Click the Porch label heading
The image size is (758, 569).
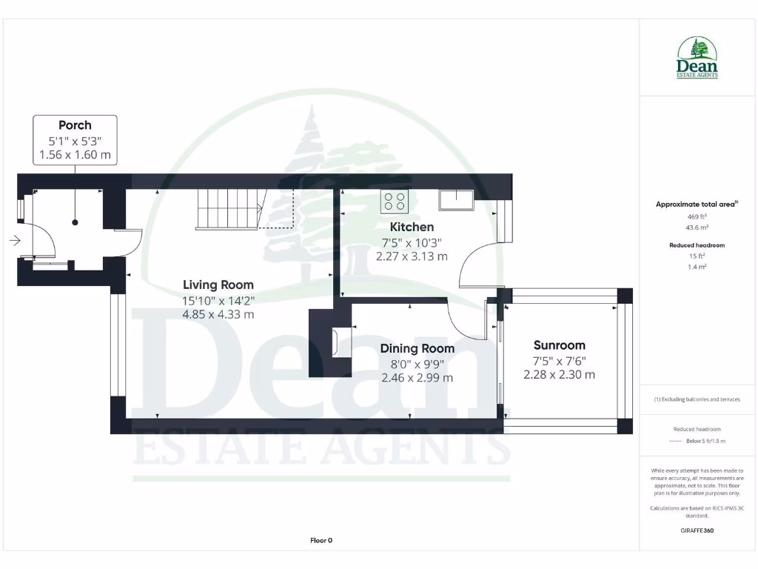click(75, 125)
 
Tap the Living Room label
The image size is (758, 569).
click(218, 284)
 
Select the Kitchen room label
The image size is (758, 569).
click(412, 227)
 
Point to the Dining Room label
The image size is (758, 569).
click(417, 348)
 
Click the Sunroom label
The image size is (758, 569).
click(559, 345)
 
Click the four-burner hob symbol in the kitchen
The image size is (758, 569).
click(394, 201)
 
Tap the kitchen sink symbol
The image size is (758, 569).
click(455, 200)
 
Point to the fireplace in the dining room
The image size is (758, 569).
click(337, 343)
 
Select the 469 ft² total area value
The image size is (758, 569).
click(697, 216)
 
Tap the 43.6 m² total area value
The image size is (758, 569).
click(697, 227)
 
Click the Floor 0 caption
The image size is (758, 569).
click(321, 541)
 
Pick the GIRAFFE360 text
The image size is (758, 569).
click(697, 530)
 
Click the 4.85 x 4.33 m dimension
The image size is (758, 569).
click(218, 314)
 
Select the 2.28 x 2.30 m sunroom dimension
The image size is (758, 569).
click(559, 375)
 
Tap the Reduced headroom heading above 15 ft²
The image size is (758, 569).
click(697, 245)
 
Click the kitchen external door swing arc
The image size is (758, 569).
click(474, 259)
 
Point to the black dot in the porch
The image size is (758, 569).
click(75, 222)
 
